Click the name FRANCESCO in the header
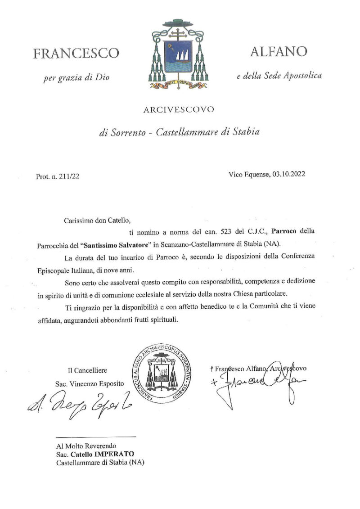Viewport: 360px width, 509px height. (x=76, y=54)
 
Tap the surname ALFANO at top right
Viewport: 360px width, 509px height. (x=278, y=52)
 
